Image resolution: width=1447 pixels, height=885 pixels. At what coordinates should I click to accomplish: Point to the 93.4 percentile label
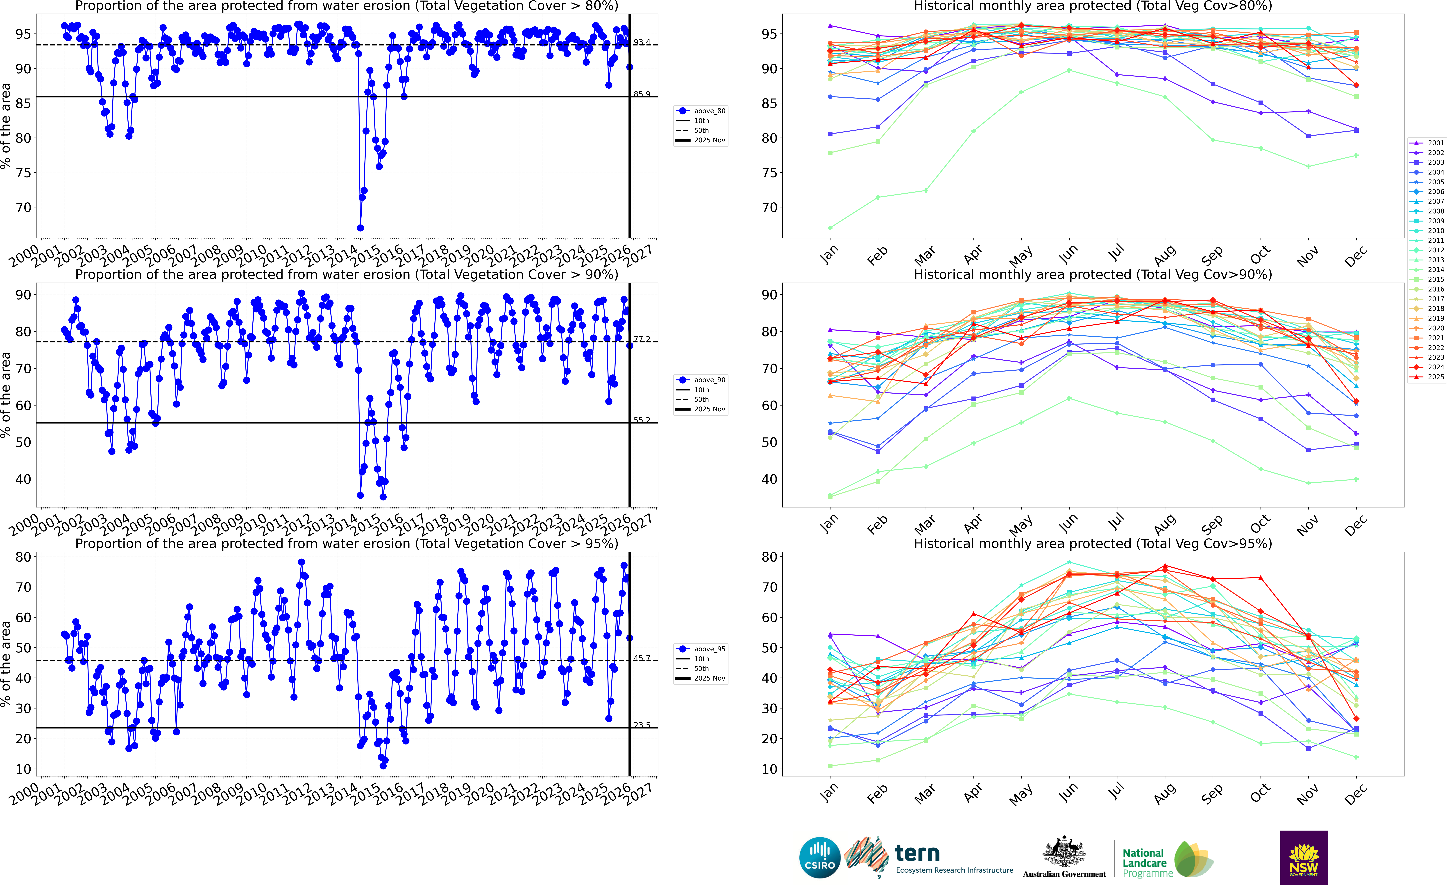(x=641, y=42)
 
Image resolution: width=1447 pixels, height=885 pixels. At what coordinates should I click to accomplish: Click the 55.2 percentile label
(x=641, y=420)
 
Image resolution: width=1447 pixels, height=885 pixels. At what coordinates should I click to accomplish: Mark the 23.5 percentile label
(x=641, y=725)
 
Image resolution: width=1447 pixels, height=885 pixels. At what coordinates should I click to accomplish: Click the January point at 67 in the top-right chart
(x=830, y=228)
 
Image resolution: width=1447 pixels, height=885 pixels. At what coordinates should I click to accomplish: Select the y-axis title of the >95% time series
(x=6, y=664)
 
